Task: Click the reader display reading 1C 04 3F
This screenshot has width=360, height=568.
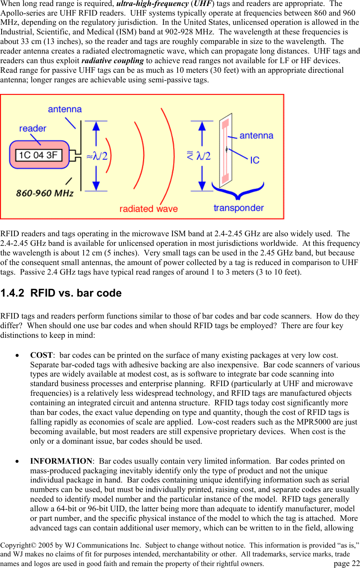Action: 38,155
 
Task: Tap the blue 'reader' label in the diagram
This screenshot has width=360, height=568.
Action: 33,129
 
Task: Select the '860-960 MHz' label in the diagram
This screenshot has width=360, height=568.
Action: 45,193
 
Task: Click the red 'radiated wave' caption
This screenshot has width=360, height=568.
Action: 148,209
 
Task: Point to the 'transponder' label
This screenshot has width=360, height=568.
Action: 238,208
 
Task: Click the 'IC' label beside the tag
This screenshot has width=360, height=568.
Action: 255,160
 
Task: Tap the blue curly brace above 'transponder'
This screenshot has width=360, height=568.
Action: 238,191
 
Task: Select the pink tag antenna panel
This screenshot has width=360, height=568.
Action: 226,149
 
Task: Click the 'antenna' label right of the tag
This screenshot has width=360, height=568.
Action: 256,136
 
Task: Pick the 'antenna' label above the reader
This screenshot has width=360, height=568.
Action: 65,110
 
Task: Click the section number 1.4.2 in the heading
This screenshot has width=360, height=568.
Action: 12,293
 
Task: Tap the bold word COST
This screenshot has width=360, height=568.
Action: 41,355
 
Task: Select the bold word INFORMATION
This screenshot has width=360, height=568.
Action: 61,461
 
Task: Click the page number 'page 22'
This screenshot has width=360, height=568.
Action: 346,563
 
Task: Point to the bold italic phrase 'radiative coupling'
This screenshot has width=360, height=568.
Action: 112,61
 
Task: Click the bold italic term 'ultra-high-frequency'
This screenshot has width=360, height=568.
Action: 152,4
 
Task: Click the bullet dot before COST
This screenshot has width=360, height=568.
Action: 17,355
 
